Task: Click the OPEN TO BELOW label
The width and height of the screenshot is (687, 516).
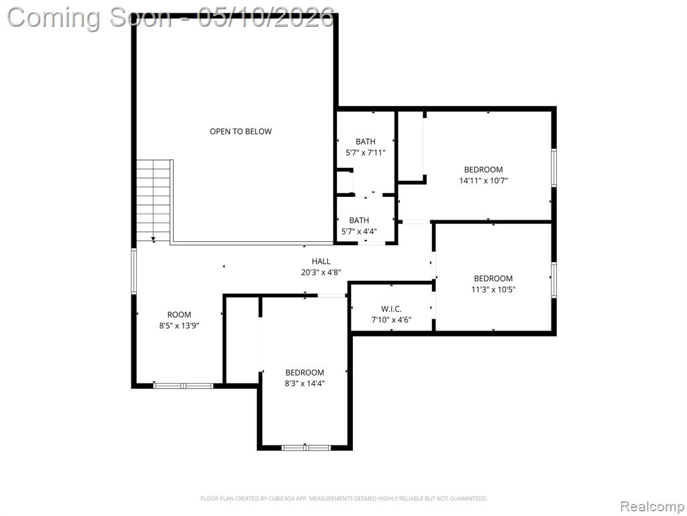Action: point(241,131)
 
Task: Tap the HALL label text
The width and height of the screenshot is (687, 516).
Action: point(321,261)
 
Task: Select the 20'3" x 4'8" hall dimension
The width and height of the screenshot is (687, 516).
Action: point(321,272)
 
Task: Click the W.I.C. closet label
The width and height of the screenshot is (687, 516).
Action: point(391,309)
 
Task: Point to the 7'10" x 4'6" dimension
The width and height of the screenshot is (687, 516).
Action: point(391,320)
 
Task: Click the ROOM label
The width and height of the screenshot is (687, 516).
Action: point(179,314)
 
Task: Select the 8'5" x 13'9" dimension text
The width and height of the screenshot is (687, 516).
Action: point(179,326)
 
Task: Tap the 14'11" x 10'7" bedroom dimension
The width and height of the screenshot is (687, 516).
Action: point(483,180)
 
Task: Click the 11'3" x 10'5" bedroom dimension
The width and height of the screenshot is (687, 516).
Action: point(493,289)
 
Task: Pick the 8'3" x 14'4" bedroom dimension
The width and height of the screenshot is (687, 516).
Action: point(305,384)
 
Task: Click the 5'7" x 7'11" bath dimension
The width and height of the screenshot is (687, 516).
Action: point(366,153)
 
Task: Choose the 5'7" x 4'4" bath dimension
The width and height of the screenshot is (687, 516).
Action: point(359,231)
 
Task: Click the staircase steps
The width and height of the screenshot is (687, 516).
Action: point(153,200)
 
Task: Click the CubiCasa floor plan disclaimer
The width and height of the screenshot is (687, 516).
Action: point(343,499)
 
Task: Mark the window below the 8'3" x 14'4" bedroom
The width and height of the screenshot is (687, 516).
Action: point(305,447)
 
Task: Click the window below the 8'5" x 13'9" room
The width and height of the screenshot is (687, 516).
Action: point(183,386)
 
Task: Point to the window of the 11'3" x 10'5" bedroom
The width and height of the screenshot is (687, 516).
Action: point(553,280)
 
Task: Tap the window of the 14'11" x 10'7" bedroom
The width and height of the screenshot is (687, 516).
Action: point(553,168)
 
